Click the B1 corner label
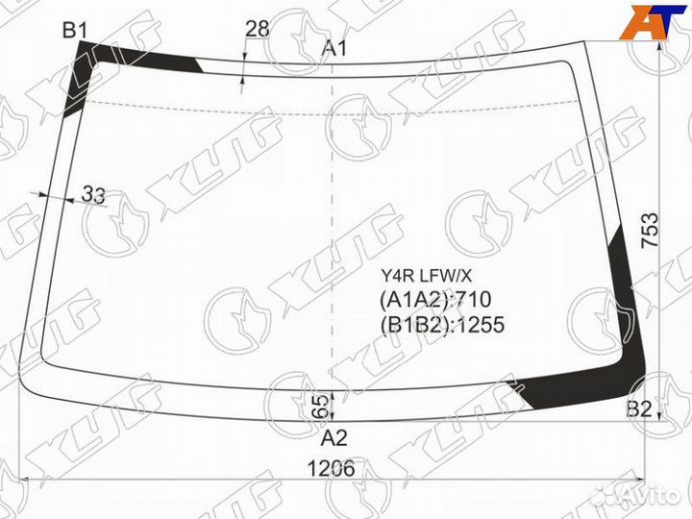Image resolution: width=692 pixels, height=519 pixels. (x=75, y=31)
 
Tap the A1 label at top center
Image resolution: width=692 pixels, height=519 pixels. (x=334, y=48)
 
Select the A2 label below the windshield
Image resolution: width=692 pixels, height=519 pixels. (x=334, y=438)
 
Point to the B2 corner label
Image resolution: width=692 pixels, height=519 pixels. (x=639, y=409)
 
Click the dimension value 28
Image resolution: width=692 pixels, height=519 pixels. (x=257, y=29)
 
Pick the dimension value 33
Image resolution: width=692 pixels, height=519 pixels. (x=94, y=194)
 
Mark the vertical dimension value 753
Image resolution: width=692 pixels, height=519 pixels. (x=650, y=231)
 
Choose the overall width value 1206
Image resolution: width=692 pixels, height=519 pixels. (x=331, y=468)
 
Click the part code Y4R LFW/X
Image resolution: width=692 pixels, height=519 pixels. (x=427, y=276)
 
